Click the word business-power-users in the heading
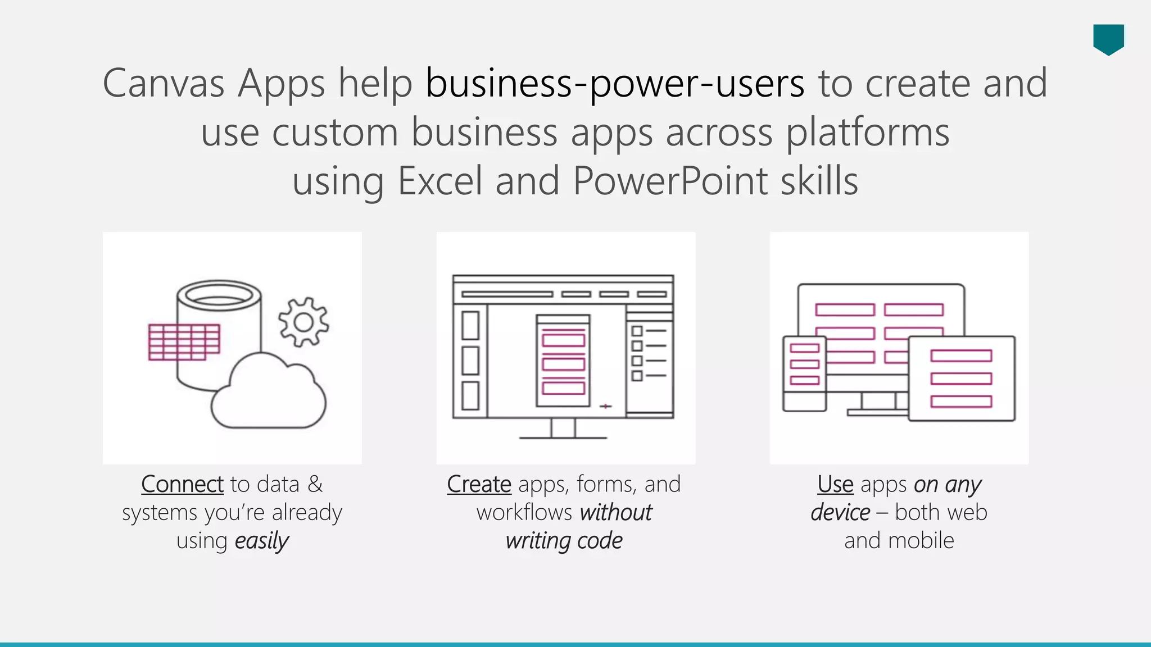click(615, 84)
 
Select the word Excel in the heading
click(440, 181)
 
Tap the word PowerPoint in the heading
click(670, 181)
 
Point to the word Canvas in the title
click(164, 84)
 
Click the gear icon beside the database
click(303, 322)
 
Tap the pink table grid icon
click(184, 341)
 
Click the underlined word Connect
click(182, 484)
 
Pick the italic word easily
click(261, 541)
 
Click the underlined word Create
click(479, 484)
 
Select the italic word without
click(615, 512)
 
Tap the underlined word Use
click(835, 484)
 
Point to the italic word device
click(840, 512)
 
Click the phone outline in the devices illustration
click(804, 373)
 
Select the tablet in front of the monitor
click(962, 379)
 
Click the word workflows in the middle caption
click(524, 512)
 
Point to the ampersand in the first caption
click(315, 484)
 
